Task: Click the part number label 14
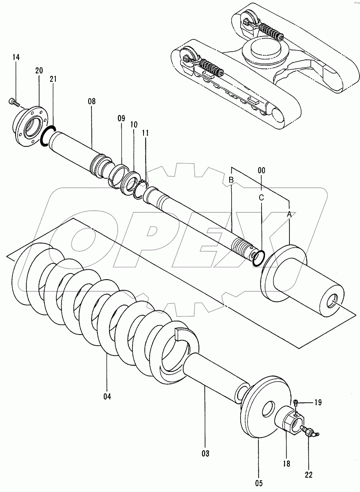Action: coord(16,58)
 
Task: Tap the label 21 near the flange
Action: coord(53,79)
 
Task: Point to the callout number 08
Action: coord(91,101)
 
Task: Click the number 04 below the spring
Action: coord(107,396)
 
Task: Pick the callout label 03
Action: coord(205,453)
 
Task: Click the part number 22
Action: coord(308,475)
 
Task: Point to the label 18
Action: coord(286,464)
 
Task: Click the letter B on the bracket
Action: coord(231,180)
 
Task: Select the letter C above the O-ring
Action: coord(261,197)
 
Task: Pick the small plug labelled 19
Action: coord(296,403)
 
